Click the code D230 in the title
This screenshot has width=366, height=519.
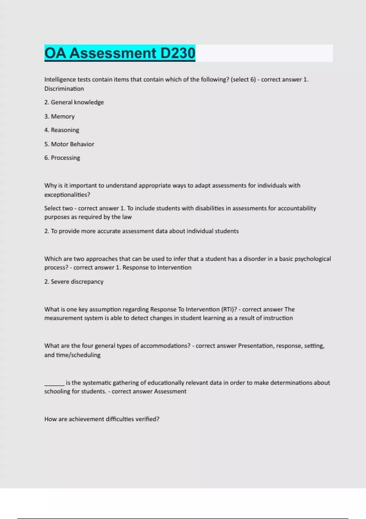click(178, 53)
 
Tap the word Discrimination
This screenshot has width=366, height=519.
click(64, 89)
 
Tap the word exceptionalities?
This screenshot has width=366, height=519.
click(67, 195)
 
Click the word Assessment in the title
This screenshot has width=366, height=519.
click(113, 53)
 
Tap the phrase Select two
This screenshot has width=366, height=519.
click(58, 208)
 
